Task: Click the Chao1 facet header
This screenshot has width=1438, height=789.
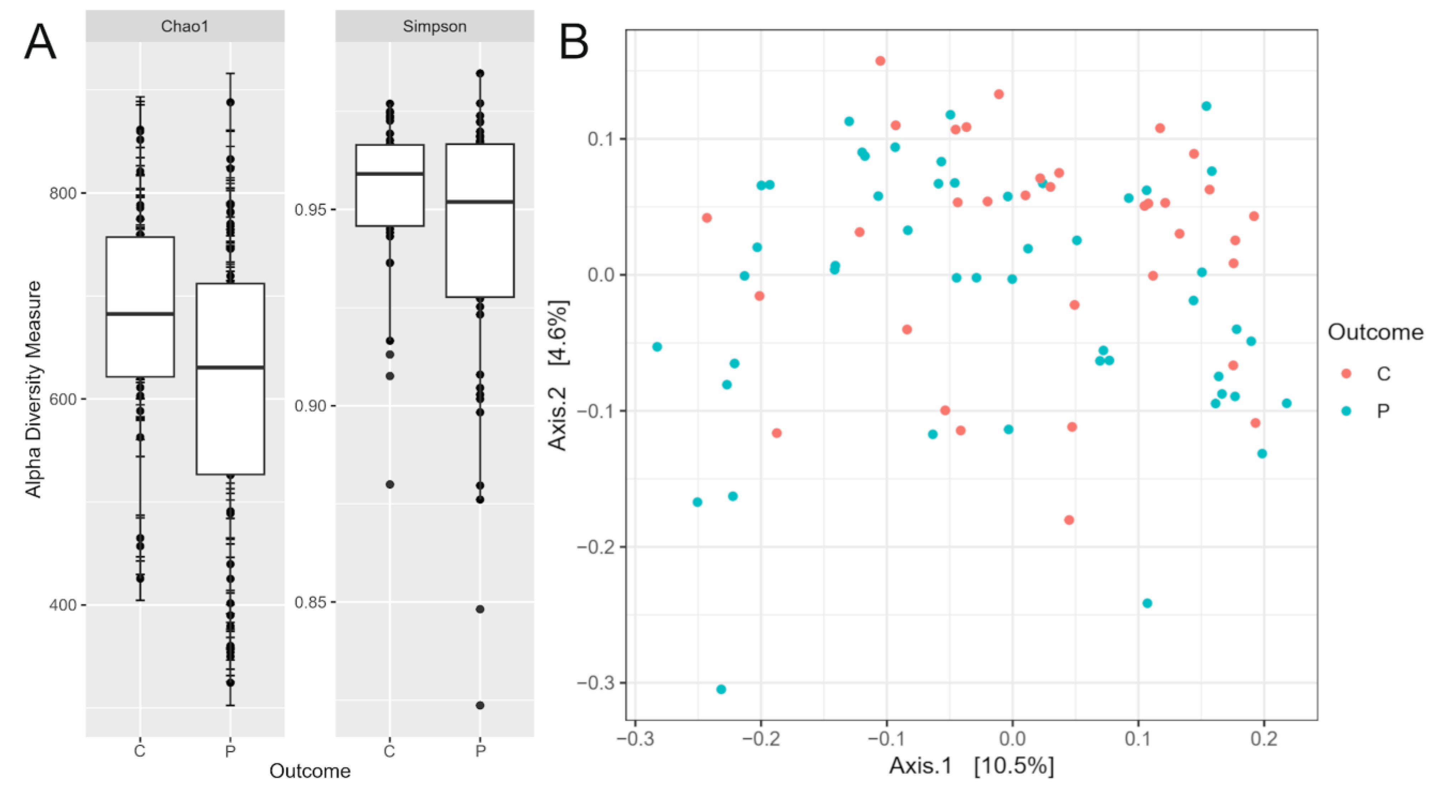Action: click(185, 26)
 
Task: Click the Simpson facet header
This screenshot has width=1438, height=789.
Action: click(434, 26)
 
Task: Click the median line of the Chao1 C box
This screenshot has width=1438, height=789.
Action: click(140, 314)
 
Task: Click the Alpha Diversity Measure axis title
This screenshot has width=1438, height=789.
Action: click(34, 389)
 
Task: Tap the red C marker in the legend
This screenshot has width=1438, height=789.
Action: click(1346, 373)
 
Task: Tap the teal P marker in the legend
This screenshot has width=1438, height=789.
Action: click(1346, 411)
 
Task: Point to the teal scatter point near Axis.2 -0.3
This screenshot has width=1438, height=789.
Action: click(721, 689)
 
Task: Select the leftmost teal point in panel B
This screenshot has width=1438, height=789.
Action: click(657, 347)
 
